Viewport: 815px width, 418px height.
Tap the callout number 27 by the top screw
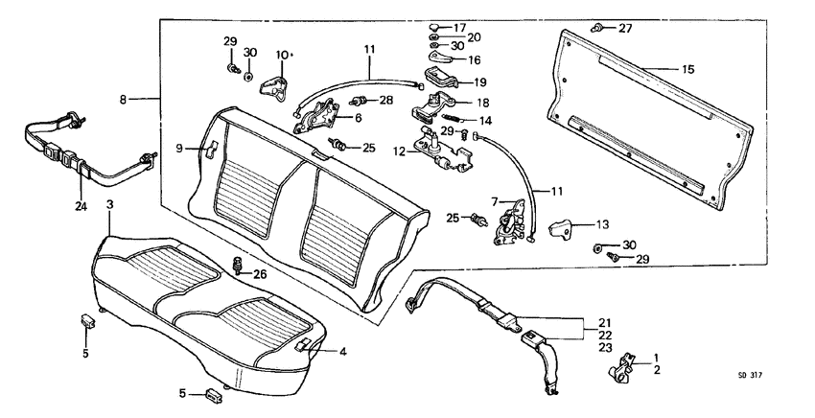625,28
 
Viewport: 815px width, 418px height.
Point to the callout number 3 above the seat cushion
109,205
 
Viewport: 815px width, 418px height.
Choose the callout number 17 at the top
460,27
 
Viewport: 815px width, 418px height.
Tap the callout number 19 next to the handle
478,82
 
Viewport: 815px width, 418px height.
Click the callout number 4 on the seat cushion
343,351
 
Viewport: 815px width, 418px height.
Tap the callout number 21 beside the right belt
604,322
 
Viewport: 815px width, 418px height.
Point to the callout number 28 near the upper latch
385,100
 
